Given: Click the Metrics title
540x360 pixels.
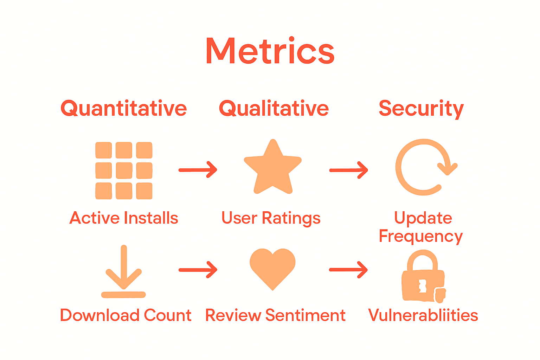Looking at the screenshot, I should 270,51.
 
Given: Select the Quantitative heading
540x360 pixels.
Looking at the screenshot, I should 124,108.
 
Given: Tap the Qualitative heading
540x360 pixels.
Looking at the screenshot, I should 274,108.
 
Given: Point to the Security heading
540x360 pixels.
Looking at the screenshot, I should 421,108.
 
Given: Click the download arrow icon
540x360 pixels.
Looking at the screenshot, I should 123,272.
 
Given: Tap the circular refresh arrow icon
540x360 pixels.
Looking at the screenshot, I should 424,167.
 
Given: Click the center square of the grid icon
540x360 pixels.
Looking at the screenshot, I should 124,171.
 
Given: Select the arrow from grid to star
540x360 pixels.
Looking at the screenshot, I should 198,170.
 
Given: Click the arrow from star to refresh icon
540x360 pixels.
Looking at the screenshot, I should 348,170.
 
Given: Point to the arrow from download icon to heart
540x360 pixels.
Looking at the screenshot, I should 198,270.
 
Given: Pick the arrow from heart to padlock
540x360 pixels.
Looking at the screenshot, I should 348,270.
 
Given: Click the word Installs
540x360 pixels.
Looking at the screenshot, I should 151,218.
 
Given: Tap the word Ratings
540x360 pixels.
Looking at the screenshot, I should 291,218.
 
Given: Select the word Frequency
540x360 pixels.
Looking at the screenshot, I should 420,237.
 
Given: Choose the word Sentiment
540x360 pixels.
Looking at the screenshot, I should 305,315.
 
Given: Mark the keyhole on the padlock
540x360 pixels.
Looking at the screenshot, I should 423,285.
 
